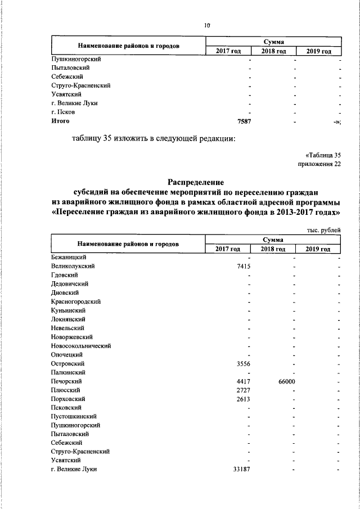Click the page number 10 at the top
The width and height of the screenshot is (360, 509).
coord(207,25)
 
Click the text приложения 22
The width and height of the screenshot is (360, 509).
coord(319,164)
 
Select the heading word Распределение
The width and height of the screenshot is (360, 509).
coord(196,182)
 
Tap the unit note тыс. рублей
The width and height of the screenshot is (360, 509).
coord(323,229)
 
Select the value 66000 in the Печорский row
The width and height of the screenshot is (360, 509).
coord(284,381)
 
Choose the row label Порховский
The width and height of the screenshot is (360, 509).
coord(68,399)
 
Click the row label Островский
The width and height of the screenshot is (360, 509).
coord(67,363)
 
